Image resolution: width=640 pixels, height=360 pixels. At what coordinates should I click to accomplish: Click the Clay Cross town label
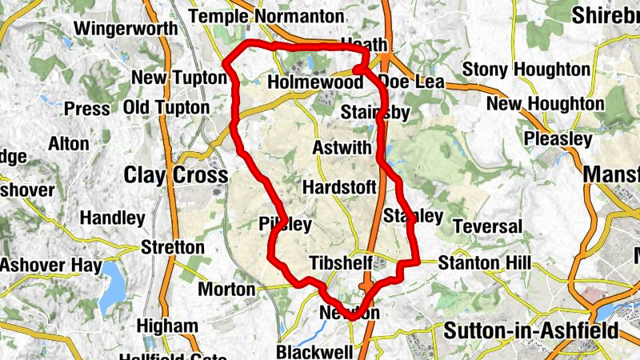tap(176, 174)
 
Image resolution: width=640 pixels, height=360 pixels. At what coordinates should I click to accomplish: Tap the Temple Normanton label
tap(266, 17)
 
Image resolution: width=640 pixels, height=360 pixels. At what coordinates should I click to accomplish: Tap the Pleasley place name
tap(558, 139)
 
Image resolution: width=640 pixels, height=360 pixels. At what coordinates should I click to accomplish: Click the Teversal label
tap(487, 227)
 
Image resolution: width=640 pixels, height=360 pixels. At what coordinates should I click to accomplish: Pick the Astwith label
tap(342, 148)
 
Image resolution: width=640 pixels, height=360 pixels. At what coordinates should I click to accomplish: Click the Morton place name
tap(226, 289)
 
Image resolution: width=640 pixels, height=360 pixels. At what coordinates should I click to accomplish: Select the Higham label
tap(166, 326)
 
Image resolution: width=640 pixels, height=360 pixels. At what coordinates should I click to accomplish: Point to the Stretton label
tap(173, 246)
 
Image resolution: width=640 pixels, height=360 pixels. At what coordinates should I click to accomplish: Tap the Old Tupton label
tap(166, 107)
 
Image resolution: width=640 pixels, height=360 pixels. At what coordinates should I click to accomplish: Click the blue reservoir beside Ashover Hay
tap(113, 279)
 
